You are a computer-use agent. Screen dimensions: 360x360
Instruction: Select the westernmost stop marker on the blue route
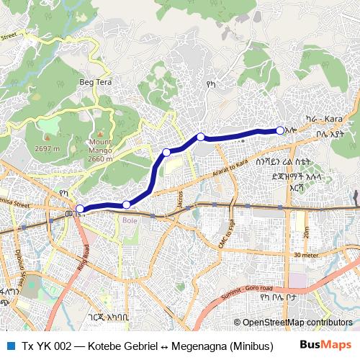(80, 210)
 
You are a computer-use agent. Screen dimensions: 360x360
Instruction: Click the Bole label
(130, 221)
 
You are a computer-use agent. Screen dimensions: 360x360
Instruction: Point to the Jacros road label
(179, 199)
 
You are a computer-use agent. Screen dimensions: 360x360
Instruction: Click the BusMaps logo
(325, 345)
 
